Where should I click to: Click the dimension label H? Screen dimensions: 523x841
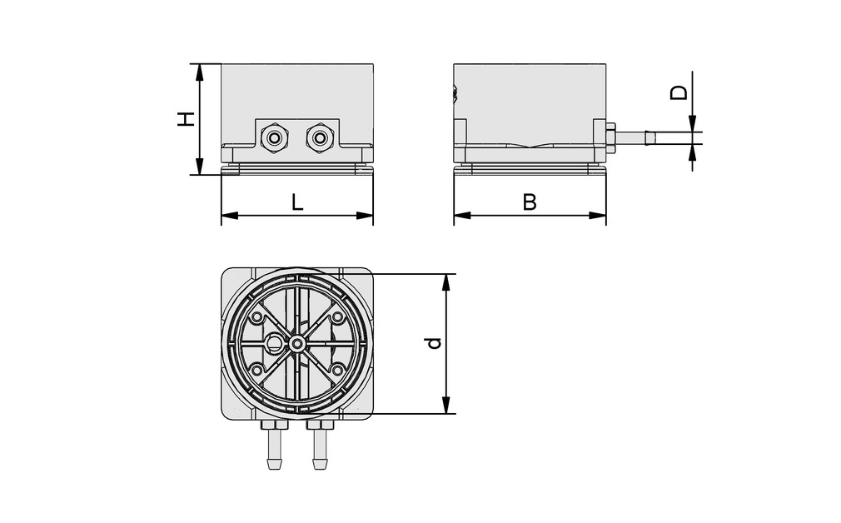click(x=187, y=118)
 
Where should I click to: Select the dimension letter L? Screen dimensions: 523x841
click(x=296, y=202)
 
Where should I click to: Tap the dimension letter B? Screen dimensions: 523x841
click(x=530, y=202)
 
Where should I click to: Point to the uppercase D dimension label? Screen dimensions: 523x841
click(x=680, y=92)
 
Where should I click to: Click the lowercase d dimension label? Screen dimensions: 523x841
click(x=431, y=343)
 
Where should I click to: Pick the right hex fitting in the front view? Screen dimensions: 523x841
click(x=318, y=137)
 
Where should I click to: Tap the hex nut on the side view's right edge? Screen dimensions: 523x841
click(x=610, y=138)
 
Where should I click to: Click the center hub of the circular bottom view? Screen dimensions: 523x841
click(x=297, y=343)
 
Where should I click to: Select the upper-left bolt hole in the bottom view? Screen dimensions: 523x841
click(x=256, y=317)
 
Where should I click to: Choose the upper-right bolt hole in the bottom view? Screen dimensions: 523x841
click(x=337, y=317)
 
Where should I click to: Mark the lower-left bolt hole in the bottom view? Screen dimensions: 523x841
click(x=256, y=369)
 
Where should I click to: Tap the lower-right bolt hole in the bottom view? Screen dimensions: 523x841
click(x=337, y=369)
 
